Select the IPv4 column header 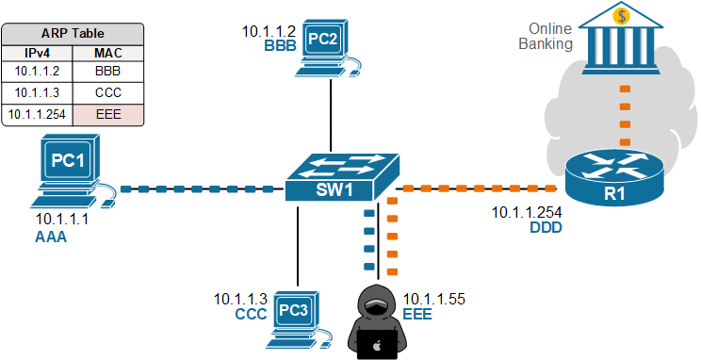[x=39, y=53]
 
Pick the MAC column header [x=107, y=53]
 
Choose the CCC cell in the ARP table [x=107, y=92]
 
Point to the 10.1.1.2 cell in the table [x=39, y=72]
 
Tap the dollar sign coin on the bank [x=618, y=15]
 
